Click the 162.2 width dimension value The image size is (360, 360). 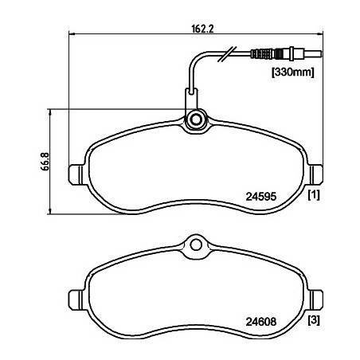coord(202,29)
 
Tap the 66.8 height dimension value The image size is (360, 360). coord(45,162)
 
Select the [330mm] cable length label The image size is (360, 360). coord(292,72)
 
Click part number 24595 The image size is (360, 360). coord(261,197)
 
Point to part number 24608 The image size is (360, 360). coord(261,322)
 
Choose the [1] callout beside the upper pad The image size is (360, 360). coord(314,195)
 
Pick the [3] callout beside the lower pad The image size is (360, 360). coord(314,320)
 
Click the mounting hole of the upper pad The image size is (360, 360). coord(196,120)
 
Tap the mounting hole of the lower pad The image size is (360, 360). coord(196,245)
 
